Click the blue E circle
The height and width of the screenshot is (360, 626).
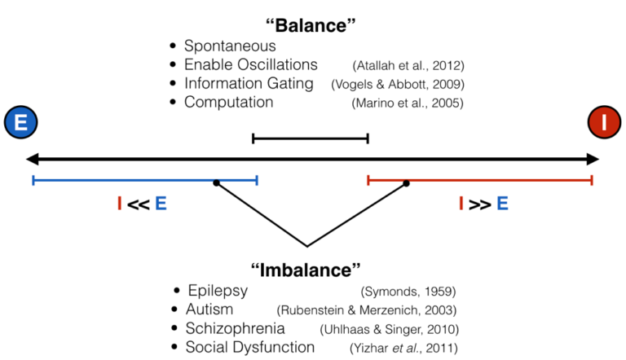click(20, 122)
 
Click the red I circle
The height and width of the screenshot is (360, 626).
click(604, 122)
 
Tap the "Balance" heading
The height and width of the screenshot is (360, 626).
click(311, 25)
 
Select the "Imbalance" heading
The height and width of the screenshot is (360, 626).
click(306, 270)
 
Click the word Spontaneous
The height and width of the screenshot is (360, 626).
click(230, 46)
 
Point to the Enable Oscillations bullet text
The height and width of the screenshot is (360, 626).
click(251, 64)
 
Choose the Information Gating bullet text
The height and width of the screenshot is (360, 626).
click(249, 84)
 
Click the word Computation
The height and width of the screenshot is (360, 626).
click(229, 102)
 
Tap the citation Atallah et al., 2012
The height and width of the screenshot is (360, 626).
click(408, 66)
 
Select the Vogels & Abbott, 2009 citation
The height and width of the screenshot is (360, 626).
click(398, 85)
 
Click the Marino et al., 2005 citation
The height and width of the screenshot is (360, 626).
click(408, 103)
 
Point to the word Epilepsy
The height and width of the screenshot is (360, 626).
click(218, 291)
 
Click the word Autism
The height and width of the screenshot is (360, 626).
click(209, 310)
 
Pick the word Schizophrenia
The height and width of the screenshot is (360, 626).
click(235, 328)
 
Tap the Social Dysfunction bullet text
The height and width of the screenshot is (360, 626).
click(250, 347)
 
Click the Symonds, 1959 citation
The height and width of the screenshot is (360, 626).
click(408, 292)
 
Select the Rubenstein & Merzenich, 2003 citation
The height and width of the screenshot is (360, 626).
click(367, 310)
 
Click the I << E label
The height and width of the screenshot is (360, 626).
click(142, 204)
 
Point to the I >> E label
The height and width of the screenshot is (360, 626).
click(483, 204)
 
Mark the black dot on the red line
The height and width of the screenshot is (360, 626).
click(406, 183)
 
